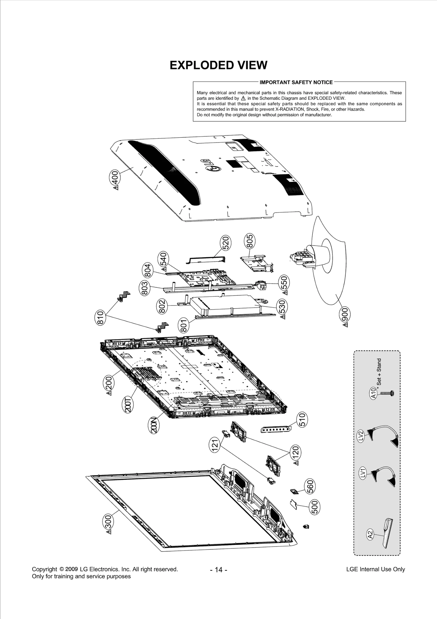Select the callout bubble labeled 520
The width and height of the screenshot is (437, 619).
(226, 243)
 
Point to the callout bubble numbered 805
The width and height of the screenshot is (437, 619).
(249, 241)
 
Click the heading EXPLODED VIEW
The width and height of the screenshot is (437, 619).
(218, 65)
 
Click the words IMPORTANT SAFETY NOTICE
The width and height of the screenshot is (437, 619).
(296, 82)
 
